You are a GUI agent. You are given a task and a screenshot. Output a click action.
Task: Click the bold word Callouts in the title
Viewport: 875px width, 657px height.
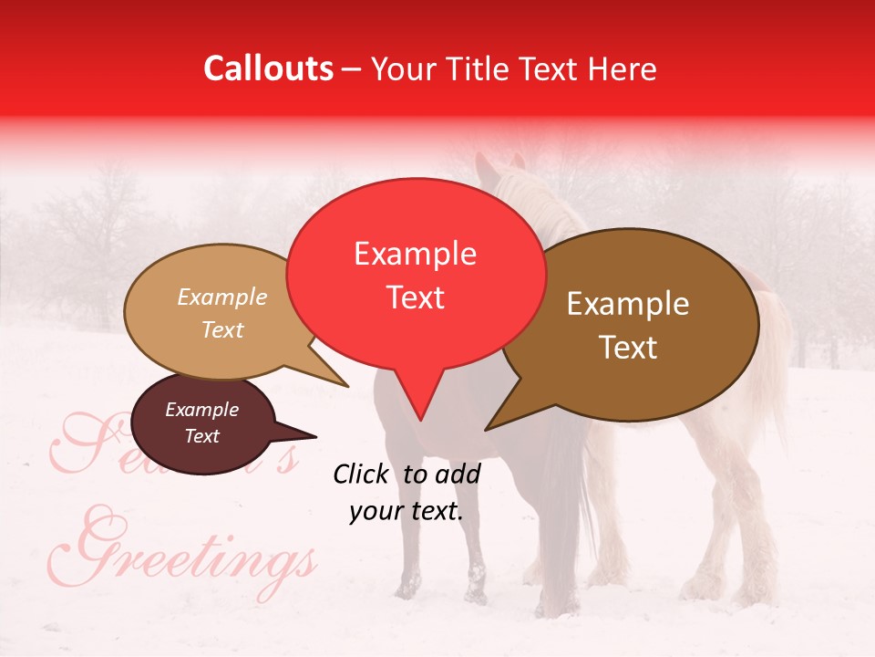click(x=268, y=68)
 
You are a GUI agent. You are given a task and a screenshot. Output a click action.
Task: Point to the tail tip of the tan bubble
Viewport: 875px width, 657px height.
click(x=346, y=385)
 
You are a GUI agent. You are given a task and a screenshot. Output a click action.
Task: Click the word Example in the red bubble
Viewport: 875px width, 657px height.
click(x=415, y=254)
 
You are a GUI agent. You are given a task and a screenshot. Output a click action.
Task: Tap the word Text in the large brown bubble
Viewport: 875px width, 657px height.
click(x=629, y=348)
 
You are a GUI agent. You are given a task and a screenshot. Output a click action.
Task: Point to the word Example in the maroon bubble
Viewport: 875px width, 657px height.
click(x=201, y=410)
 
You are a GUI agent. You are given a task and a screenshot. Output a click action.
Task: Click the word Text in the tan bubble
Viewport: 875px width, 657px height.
click(x=222, y=329)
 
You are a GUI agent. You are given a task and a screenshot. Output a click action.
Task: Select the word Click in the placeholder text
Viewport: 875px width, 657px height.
click(x=362, y=474)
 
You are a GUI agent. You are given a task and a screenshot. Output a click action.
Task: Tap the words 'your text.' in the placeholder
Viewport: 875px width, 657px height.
click(x=407, y=511)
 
